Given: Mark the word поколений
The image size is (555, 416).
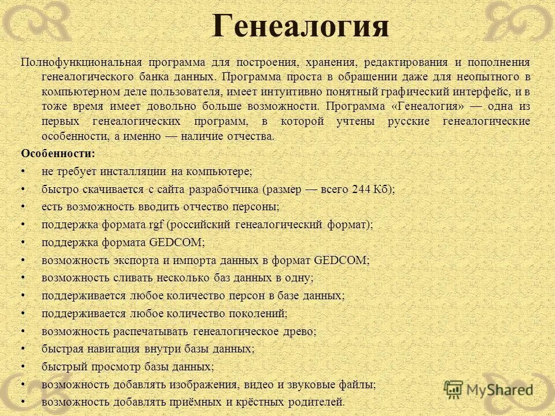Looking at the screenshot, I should tap(257, 314).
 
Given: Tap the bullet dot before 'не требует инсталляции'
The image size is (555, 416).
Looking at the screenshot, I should tap(23, 172).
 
